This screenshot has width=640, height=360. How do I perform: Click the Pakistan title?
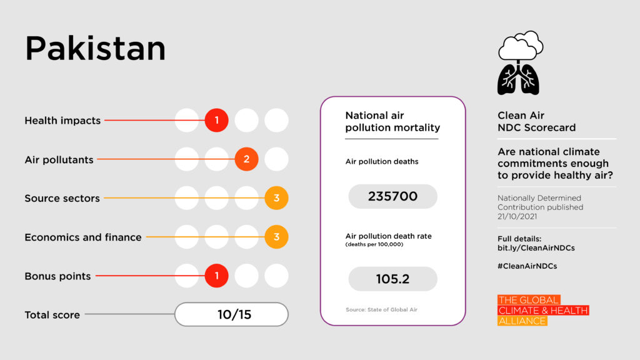95,49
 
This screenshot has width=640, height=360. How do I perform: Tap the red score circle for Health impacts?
217,120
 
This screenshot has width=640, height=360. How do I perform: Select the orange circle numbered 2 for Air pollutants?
247,159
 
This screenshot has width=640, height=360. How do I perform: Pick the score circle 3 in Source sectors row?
276,198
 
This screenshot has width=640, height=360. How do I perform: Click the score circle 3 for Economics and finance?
276,237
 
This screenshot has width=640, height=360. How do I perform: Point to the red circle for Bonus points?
217,276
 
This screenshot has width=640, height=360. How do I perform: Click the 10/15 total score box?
231,314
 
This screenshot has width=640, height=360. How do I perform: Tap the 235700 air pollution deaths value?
392,196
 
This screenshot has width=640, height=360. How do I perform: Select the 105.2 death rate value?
392,279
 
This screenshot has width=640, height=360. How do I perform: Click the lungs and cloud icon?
519,63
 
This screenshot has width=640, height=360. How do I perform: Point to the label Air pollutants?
59,159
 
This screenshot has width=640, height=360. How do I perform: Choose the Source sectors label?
62,198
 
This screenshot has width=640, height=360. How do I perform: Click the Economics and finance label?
83,237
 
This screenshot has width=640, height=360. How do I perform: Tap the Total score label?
52,315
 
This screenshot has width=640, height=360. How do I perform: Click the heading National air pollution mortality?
392,122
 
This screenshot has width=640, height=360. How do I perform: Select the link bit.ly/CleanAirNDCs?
536,248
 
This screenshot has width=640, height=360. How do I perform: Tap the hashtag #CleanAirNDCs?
527,266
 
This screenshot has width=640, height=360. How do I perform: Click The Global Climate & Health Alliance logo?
543,311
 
